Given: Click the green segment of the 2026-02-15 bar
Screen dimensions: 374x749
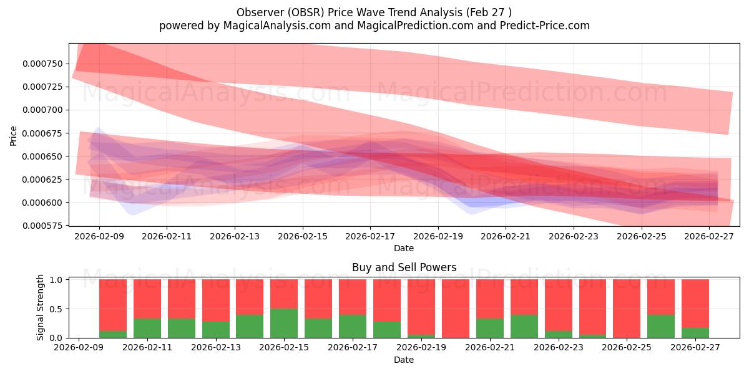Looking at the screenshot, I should (284, 323).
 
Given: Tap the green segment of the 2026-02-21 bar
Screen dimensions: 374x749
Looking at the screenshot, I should (489, 328).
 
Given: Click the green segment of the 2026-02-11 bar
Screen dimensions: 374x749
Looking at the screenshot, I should (147, 328).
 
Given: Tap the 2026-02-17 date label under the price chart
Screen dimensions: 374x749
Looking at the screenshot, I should (370, 237).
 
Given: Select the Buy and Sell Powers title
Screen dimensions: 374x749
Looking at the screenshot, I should (404, 267).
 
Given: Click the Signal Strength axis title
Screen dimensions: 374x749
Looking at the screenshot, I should (40, 308).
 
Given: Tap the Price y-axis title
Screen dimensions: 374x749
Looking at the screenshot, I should (14, 135).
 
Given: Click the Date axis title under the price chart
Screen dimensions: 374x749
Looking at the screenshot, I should (404, 248).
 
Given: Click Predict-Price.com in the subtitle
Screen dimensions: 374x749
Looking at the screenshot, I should (541, 26).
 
